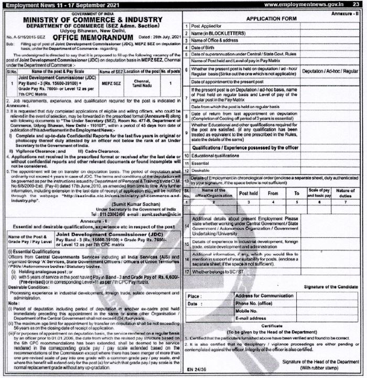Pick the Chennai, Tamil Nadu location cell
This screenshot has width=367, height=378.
click(x=142, y=83)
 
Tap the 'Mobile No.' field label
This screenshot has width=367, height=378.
click(x=248, y=311)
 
